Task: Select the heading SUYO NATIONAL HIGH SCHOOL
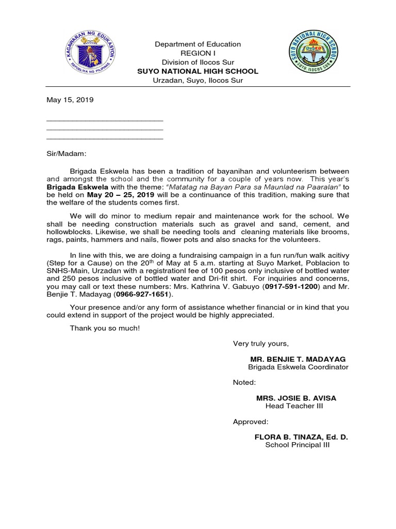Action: pos(198,71)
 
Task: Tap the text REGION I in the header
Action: pos(198,53)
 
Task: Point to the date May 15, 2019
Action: pos(70,100)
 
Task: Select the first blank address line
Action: pos(105,120)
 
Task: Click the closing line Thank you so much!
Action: pos(105,328)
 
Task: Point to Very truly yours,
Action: pos(261,344)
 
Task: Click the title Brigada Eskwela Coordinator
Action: pos(298,367)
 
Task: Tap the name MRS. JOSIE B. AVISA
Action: pos(296,398)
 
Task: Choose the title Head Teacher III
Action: pos(294,406)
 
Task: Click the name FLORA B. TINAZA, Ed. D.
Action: pos(301,437)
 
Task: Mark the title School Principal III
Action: pos(297,445)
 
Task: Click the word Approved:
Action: pos(251,422)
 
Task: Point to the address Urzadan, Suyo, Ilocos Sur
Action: pos(198,81)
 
